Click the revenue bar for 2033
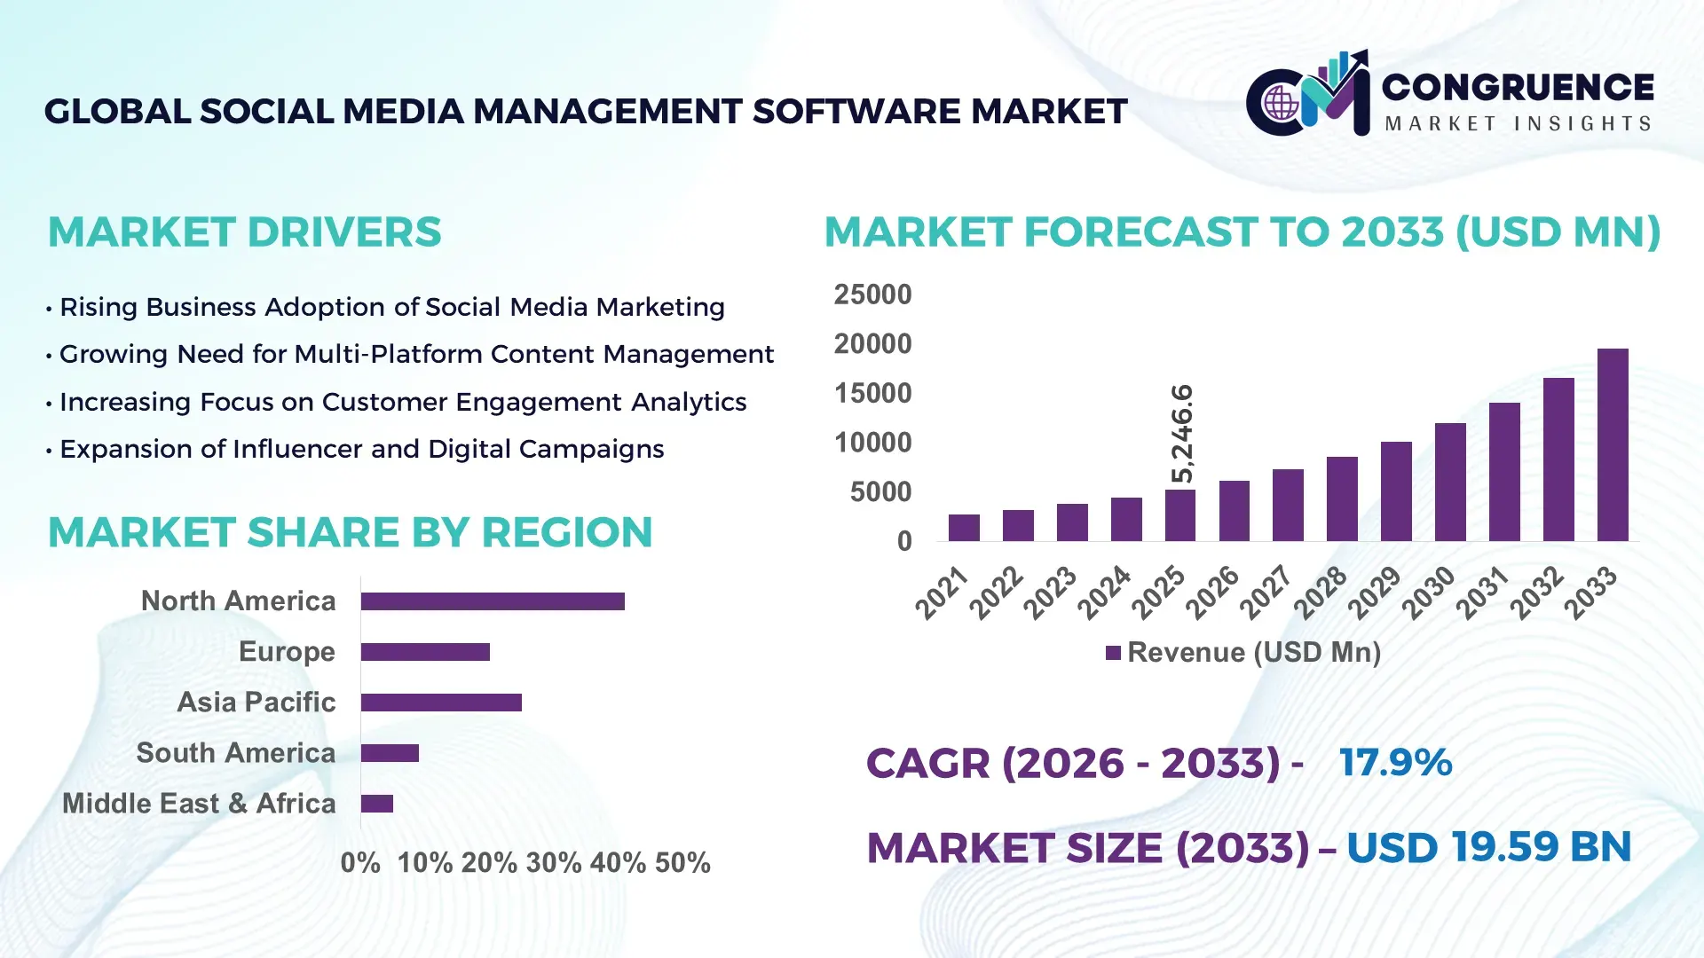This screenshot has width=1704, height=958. (x=1613, y=445)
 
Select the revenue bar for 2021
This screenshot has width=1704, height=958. (x=964, y=528)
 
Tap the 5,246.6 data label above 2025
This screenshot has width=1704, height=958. (x=1182, y=434)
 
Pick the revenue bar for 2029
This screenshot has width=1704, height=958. (x=1396, y=491)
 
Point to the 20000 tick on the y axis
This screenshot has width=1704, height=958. (x=872, y=344)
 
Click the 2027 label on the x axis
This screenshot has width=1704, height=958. (x=1266, y=592)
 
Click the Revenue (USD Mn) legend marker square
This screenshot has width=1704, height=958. (x=1113, y=654)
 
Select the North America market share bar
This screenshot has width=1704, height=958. (x=493, y=601)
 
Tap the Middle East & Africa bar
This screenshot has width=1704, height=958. (x=377, y=804)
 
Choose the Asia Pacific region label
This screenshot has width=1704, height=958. (x=256, y=703)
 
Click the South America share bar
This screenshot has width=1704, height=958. (x=390, y=753)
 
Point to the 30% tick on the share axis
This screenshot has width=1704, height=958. (x=554, y=863)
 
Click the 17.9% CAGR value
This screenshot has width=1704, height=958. (x=1395, y=763)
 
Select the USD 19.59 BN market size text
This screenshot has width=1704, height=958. (x=1488, y=847)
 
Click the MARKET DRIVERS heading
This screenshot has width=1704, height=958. (x=244, y=232)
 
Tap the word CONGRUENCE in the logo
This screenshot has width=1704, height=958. (x=1518, y=87)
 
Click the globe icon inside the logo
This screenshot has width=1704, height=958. (x=1281, y=104)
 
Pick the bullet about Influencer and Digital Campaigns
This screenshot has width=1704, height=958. (x=361, y=450)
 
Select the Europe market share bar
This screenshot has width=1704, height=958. (x=425, y=652)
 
